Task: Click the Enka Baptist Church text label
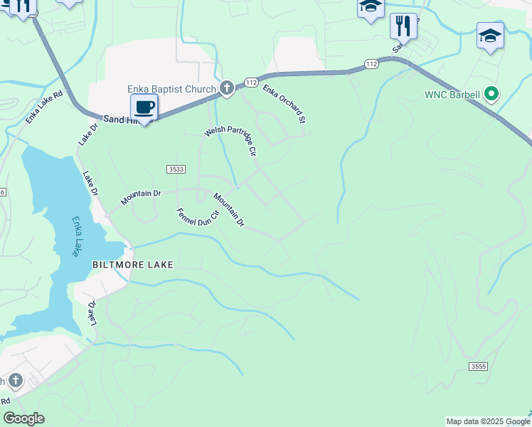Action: click(x=171, y=89)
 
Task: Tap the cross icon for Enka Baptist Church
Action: click(x=226, y=88)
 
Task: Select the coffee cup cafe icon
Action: click(x=144, y=108)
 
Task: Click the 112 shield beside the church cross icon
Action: click(x=250, y=83)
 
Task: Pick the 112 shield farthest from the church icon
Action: click(x=371, y=63)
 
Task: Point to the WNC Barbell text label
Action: click(x=452, y=94)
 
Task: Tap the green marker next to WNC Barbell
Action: click(x=490, y=93)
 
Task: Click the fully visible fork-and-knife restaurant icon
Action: click(x=403, y=26)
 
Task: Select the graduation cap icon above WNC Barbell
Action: click(x=490, y=36)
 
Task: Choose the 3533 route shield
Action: click(x=177, y=169)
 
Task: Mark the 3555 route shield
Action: click(x=479, y=366)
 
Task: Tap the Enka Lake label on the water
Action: click(x=74, y=236)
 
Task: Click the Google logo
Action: click(x=23, y=418)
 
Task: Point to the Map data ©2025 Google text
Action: click(x=487, y=421)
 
